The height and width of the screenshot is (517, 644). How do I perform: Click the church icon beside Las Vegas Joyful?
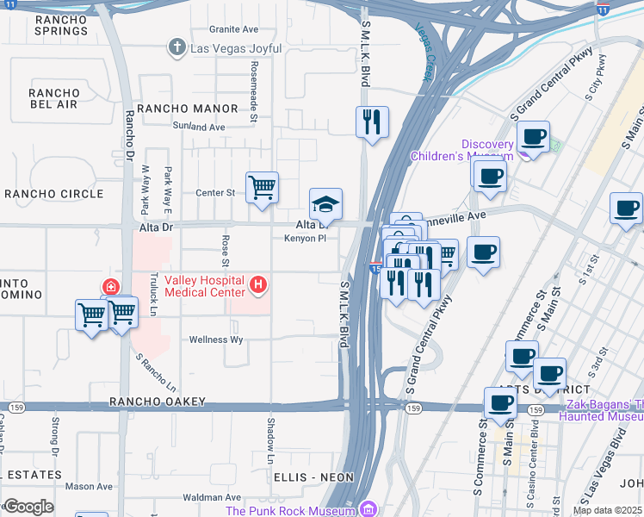[177, 47]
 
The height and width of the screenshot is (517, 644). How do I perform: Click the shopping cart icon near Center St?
[262, 187]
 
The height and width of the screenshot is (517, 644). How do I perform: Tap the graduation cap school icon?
[325, 204]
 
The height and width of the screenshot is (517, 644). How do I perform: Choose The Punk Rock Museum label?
[291, 510]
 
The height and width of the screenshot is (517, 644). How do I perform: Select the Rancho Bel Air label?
[53, 98]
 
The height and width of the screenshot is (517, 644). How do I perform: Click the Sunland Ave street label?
[199, 127]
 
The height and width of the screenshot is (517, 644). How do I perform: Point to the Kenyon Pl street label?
[305, 239]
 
